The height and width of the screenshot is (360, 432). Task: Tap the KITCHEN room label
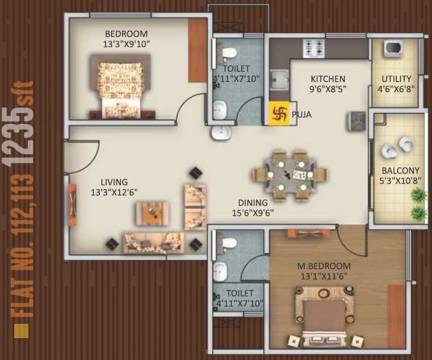click(327, 79)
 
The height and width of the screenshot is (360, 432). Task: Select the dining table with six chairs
click(289, 174)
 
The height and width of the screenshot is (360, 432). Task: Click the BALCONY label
click(396, 171)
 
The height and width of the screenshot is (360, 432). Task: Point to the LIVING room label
click(114, 182)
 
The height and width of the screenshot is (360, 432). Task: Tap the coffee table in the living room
click(152, 213)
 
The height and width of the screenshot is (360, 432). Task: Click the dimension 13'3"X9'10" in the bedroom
click(127, 45)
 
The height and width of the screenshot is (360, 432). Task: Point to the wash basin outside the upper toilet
click(220, 132)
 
